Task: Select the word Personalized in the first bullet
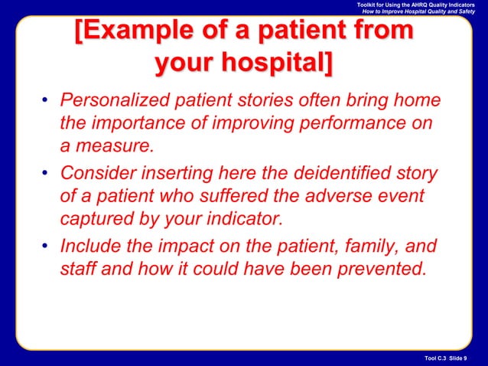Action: point(122,101)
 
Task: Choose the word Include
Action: point(91,247)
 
